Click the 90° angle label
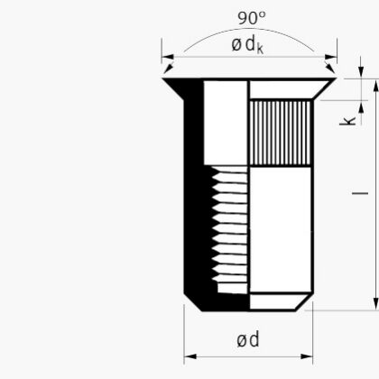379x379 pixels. [252, 18]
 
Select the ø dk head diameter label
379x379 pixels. [247, 45]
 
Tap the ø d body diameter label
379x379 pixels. [247, 339]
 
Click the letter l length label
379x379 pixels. [360, 193]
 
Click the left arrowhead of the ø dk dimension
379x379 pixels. [168, 57]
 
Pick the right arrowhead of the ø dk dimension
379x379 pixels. [331, 57]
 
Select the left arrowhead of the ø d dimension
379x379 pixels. [190, 356]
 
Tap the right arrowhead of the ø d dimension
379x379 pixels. [307, 356]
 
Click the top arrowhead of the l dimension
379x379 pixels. [375, 86]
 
